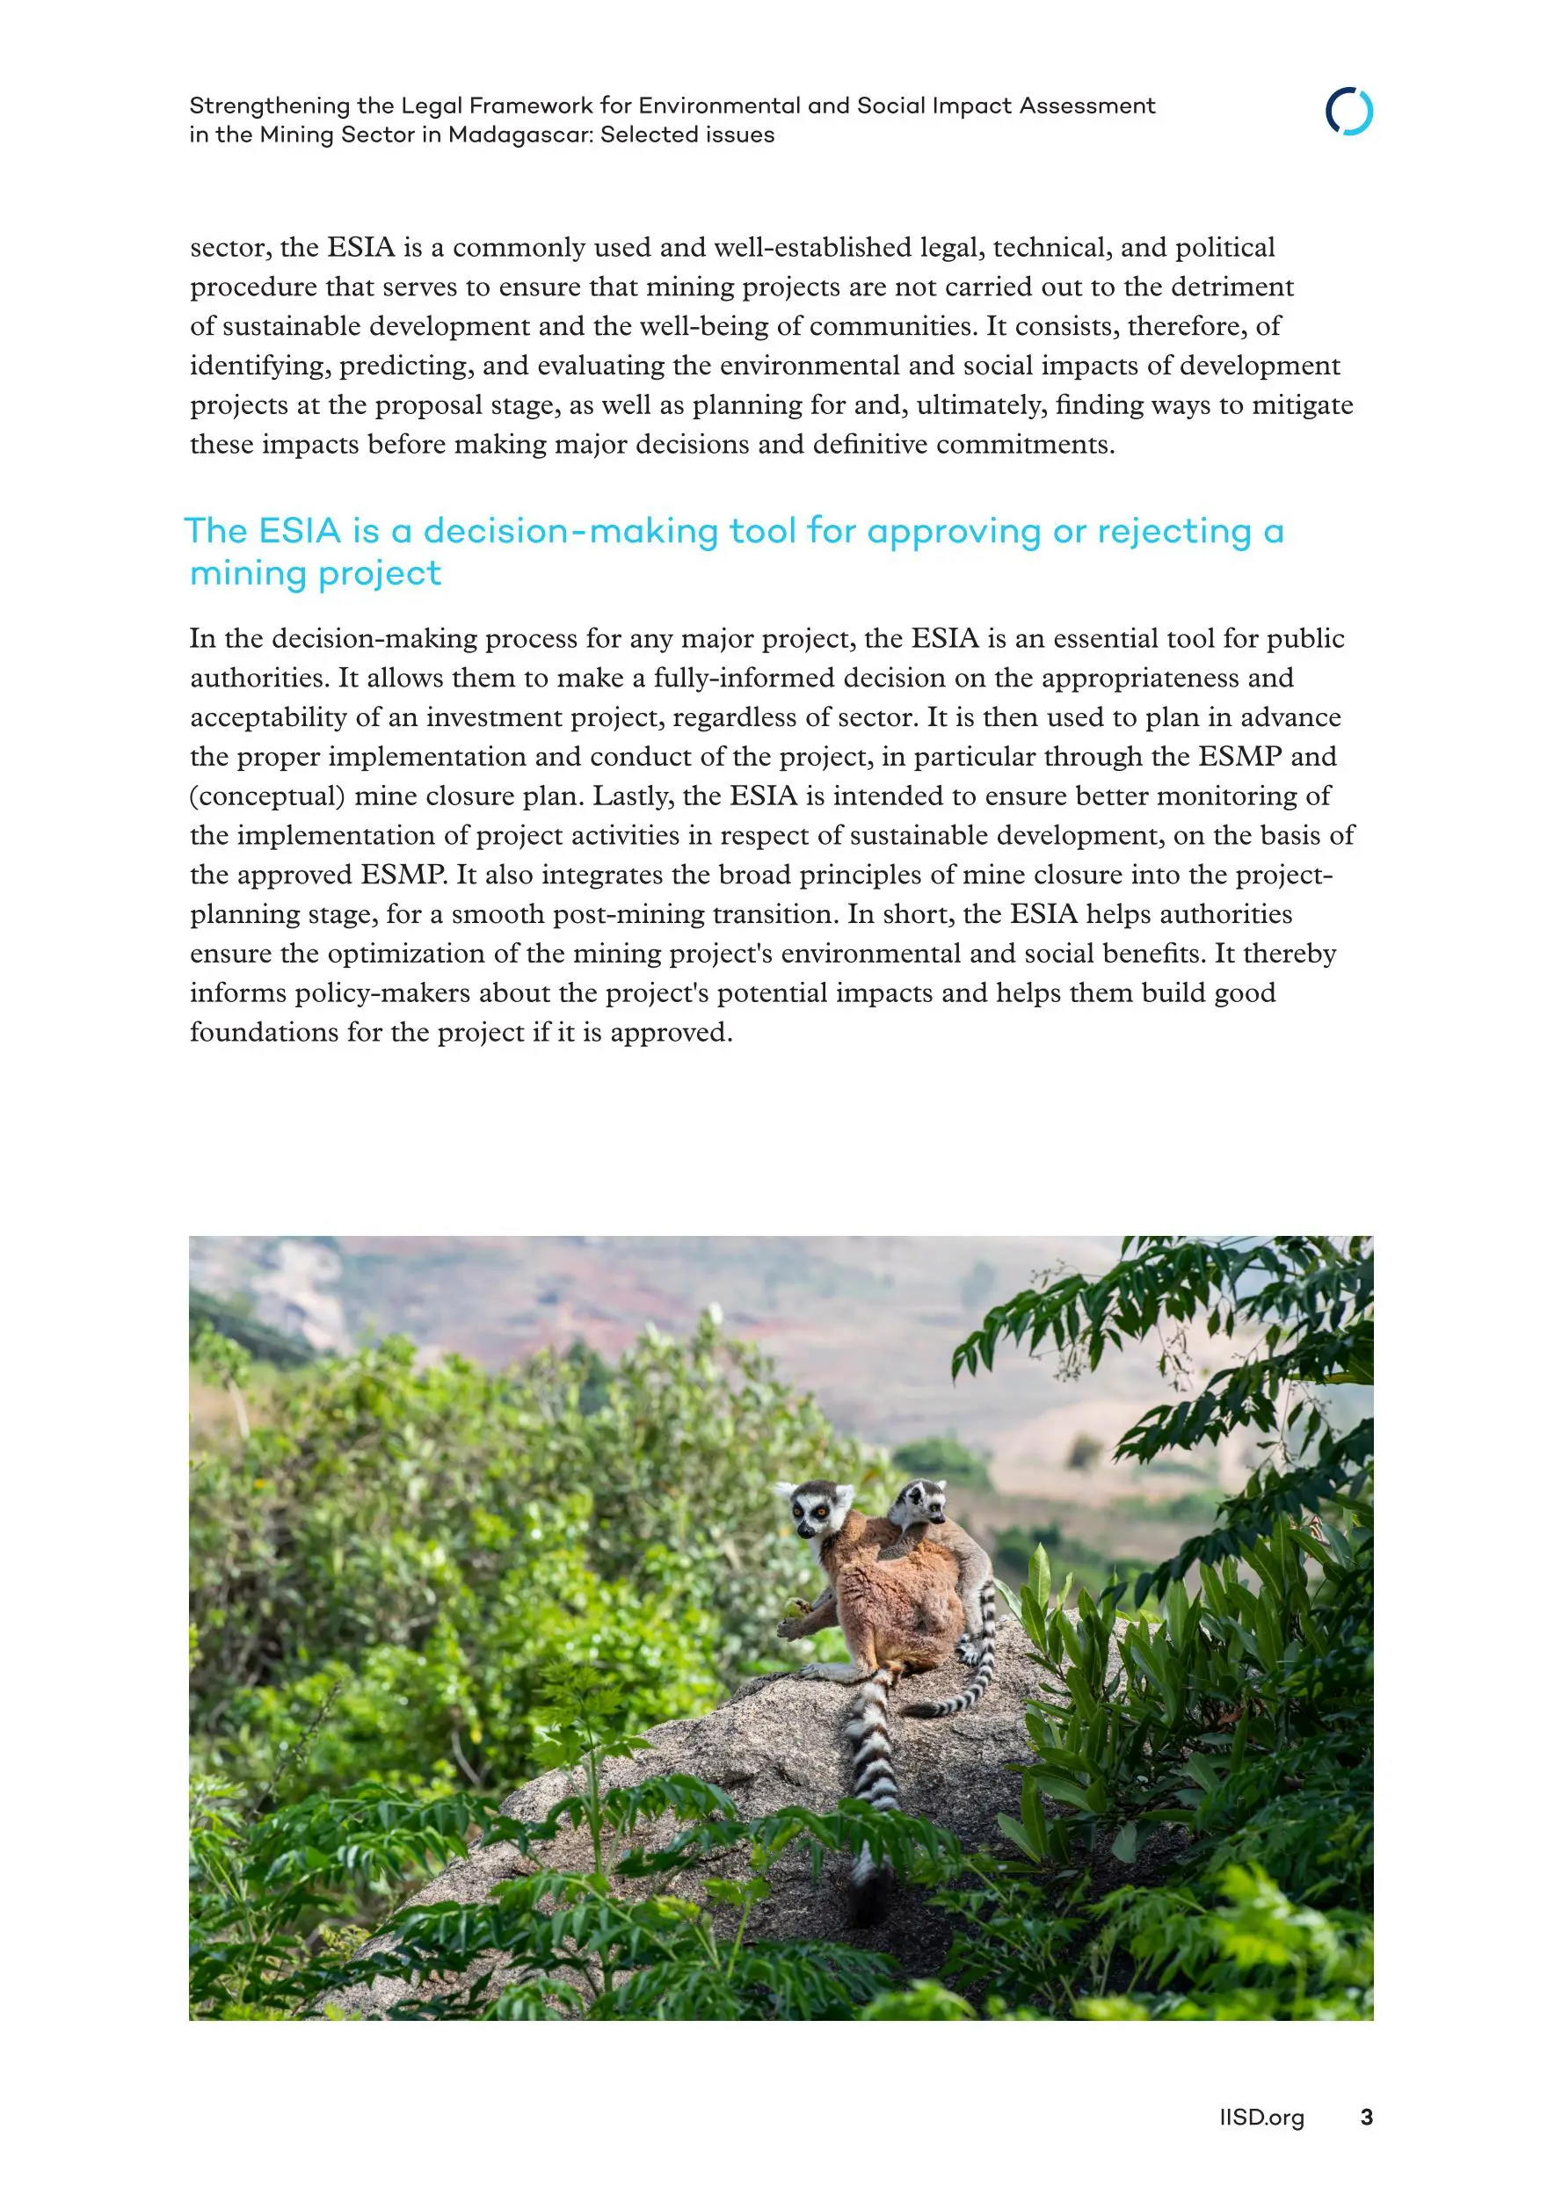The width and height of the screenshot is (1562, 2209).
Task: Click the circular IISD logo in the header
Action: tap(1348, 112)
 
